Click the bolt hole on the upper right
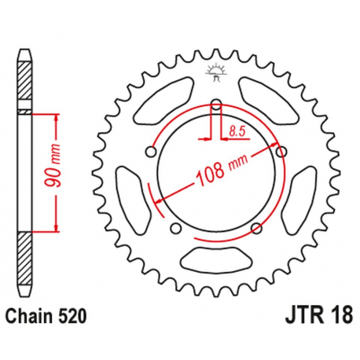point(280,148)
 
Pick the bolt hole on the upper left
point(150,148)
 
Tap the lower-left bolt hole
point(174,229)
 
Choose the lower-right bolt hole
point(255,229)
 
